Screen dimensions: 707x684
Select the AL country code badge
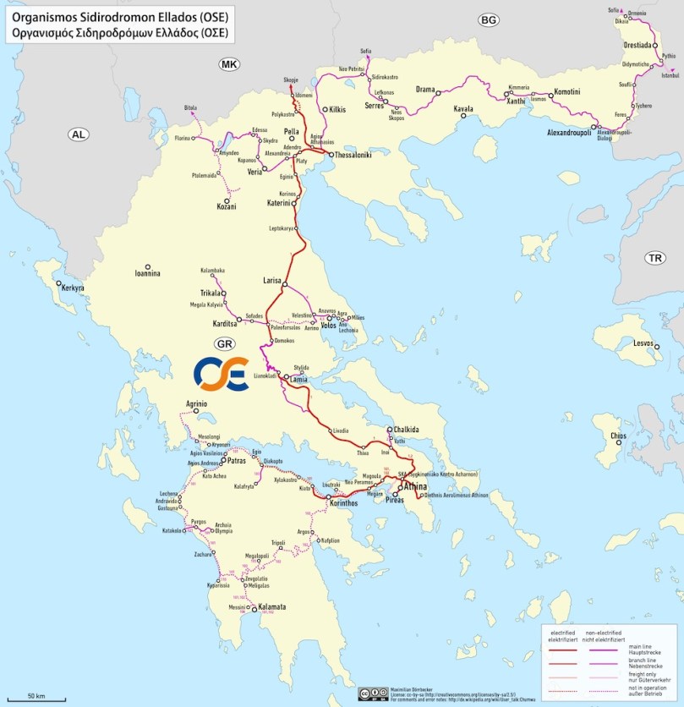79,134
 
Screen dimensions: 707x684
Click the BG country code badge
488,20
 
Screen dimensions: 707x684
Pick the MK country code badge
229,64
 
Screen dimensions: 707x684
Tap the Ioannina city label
147,275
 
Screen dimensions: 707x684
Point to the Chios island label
615,436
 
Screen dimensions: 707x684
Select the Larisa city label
272,278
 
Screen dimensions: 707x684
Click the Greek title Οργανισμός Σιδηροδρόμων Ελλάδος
119,33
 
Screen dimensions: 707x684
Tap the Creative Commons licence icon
369,693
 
